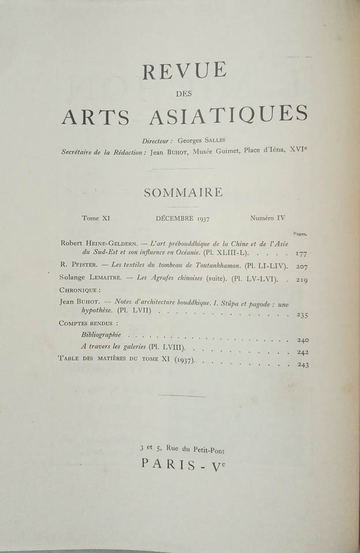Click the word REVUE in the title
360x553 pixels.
[x=184, y=71]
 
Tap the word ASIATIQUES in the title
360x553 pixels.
[x=233, y=115]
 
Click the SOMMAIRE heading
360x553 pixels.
[x=183, y=192]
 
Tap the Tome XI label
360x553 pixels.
[x=96, y=219]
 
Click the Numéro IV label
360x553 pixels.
[x=267, y=218]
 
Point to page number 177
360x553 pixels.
[x=300, y=253]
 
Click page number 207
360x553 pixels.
[x=301, y=267]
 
